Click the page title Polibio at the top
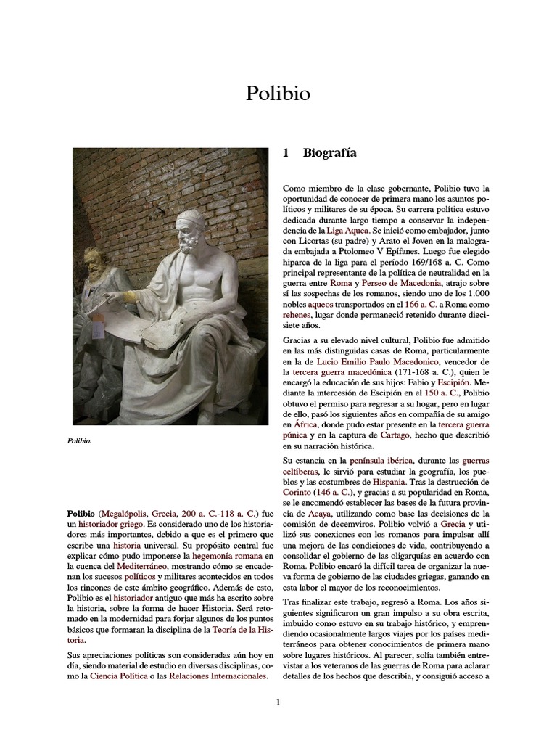pos(278,94)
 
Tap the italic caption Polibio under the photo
pos(80,440)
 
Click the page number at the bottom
pos(278,702)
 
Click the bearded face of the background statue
pos(92,262)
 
